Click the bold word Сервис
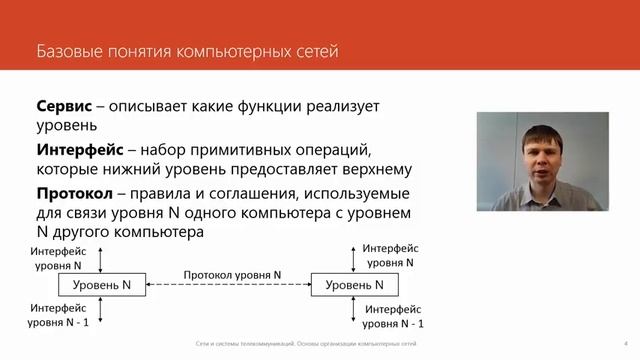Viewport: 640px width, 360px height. tap(66, 106)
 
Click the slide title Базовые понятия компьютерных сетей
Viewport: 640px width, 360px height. tap(187, 49)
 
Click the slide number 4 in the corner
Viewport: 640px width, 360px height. tap(624, 343)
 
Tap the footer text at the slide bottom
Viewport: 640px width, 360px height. tap(305, 343)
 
